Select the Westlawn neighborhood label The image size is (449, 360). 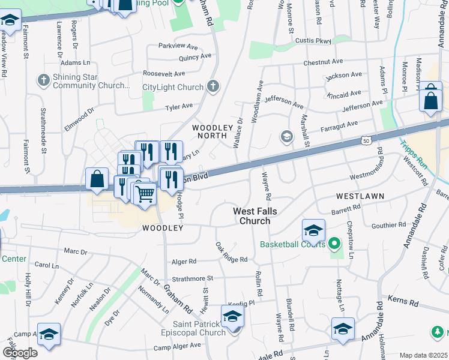357,196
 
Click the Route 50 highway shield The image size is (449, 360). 366,140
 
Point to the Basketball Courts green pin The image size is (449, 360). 336,244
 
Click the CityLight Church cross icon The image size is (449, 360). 212,87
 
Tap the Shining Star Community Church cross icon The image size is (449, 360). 43,80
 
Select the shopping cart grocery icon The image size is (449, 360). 145,193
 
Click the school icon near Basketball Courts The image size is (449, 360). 313,230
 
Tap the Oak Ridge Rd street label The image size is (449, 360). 231,253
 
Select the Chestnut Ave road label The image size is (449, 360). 323,62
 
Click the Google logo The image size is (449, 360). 19,353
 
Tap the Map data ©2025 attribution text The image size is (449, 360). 423,355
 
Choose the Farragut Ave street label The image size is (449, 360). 339,127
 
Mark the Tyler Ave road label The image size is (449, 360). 179,106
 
